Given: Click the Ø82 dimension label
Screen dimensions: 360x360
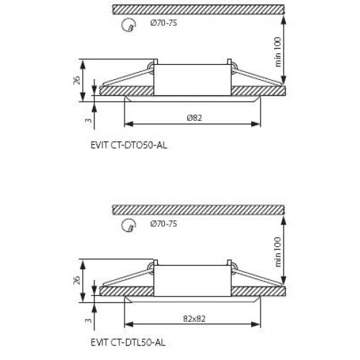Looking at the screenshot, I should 194,116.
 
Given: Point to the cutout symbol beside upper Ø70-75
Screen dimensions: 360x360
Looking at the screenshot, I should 130,26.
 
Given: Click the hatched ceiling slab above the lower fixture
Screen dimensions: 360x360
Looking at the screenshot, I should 202,210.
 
